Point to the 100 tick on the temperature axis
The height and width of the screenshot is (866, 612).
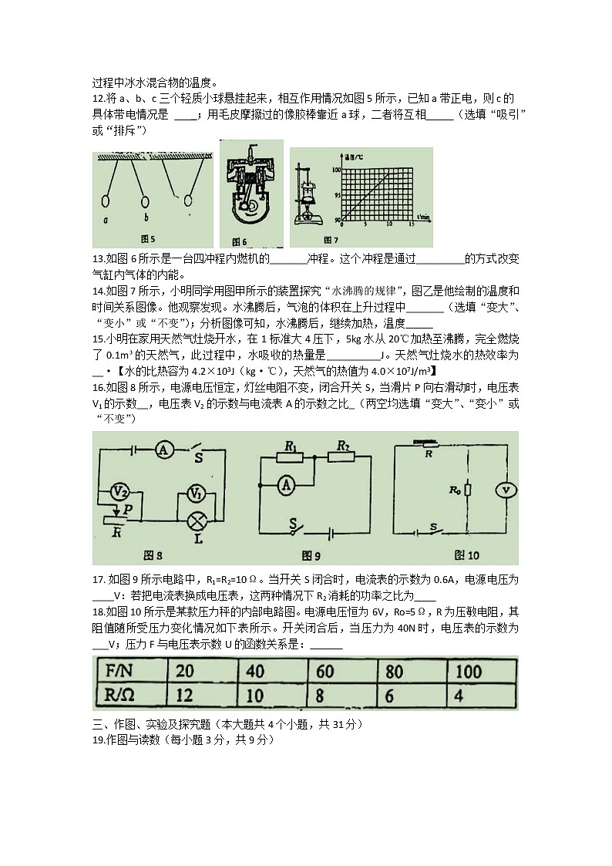(x=335, y=168)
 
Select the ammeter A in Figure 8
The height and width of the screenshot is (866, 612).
(x=163, y=451)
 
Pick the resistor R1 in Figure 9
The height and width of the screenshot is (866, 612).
(x=291, y=457)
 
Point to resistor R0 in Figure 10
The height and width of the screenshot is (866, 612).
(x=468, y=490)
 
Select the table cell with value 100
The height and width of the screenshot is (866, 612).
(x=469, y=671)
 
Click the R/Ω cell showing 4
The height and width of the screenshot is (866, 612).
(x=459, y=696)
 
